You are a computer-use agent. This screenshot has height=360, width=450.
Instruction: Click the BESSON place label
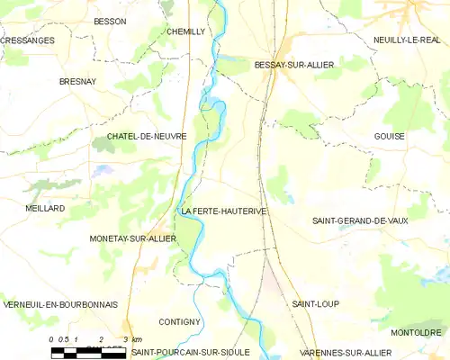(x=110, y=21)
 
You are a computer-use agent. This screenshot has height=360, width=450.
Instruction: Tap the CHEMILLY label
(x=186, y=31)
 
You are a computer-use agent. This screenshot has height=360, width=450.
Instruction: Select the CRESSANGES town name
(x=27, y=40)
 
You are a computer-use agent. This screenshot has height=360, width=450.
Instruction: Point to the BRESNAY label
(x=76, y=81)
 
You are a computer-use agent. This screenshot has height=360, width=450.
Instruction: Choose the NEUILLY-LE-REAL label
(x=407, y=40)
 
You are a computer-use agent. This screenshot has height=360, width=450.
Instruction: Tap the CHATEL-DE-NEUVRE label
(x=147, y=137)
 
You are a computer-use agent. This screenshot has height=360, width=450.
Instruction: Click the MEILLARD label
(x=45, y=208)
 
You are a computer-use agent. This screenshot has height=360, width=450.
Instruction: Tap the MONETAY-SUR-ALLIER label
(x=132, y=238)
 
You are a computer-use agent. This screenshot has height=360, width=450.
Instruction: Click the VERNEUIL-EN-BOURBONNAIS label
(x=56, y=304)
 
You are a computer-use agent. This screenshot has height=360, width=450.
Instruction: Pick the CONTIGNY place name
(x=178, y=321)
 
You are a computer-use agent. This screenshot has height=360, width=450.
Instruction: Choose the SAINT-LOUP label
(x=315, y=304)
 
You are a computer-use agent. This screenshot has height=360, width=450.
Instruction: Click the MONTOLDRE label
(x=415, y=331)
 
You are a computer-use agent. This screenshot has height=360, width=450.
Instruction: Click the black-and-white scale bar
(x=87, y=354)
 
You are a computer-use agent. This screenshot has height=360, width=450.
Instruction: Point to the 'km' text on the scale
(x=137, y=339)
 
